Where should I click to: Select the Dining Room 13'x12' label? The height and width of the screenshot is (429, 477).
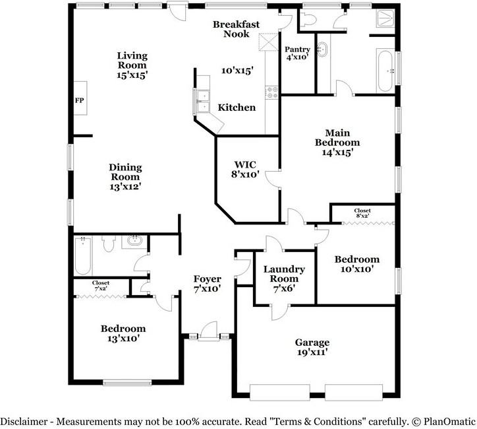pos(125,177)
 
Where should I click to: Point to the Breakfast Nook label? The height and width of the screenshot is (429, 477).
pos(237,29)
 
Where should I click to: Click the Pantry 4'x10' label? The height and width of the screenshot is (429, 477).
pos(297,53)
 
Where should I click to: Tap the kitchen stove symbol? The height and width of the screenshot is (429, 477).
pos(270,93)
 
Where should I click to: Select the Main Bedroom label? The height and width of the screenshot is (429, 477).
pos(337,147)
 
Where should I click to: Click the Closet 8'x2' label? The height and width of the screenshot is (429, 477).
pos(362,213)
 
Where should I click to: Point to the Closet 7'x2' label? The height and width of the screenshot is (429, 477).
pos(101,285)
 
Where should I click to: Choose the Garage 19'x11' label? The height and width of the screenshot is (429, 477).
pos(312,347)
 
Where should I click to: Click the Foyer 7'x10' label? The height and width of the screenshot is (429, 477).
pos(207,284)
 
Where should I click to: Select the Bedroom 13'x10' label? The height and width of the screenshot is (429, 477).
pos(123,333)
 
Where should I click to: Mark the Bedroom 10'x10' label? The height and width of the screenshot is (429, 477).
pos(356,264)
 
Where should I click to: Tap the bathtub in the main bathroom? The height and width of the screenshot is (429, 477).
pos(385,70)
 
